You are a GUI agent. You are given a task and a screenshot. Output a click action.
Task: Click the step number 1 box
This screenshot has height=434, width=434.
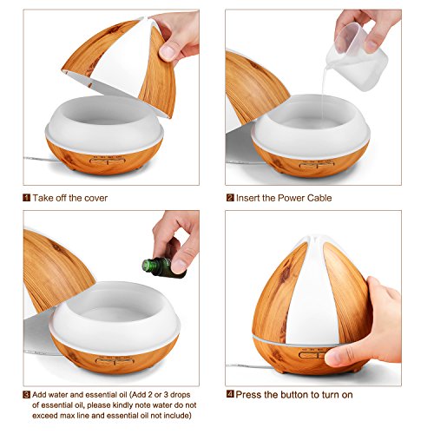(x=27, y=198)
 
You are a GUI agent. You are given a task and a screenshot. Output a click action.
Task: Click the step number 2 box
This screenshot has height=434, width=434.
(x=230, y=198)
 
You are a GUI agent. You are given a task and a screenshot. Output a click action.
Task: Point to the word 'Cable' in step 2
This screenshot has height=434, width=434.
(x=315, y=198)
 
